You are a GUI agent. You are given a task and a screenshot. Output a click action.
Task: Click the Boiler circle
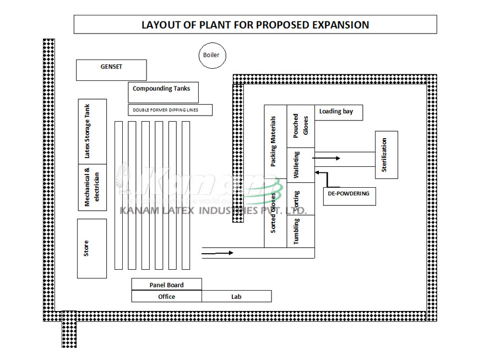[x=211, y=55]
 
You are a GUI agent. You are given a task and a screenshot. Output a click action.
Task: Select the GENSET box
[x=111, y=70]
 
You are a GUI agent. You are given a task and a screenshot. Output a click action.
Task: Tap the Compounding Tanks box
[x=162, y=91]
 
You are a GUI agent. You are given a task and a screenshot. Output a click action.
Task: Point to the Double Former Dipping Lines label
[x=170, y=110]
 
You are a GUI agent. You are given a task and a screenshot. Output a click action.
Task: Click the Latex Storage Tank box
[x=92, y=131]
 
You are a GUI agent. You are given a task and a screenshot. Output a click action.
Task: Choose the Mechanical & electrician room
[x=92, y=187]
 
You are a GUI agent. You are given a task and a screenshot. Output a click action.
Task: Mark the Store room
[x=91, y=248]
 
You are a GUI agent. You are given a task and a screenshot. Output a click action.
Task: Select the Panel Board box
[x=166, y=285]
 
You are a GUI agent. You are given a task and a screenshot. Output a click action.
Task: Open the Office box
[x=166, y=297]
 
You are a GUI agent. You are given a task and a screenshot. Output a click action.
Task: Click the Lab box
[x=236, y=297]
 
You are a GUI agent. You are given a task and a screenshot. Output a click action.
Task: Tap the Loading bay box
[x=338, y=112]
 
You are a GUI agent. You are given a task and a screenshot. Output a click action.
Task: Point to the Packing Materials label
[x=274, y=141]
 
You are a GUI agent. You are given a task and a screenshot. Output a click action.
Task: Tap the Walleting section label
[x=297, y=165]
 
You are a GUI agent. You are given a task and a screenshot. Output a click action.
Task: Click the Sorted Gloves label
[x=274, y=212]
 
